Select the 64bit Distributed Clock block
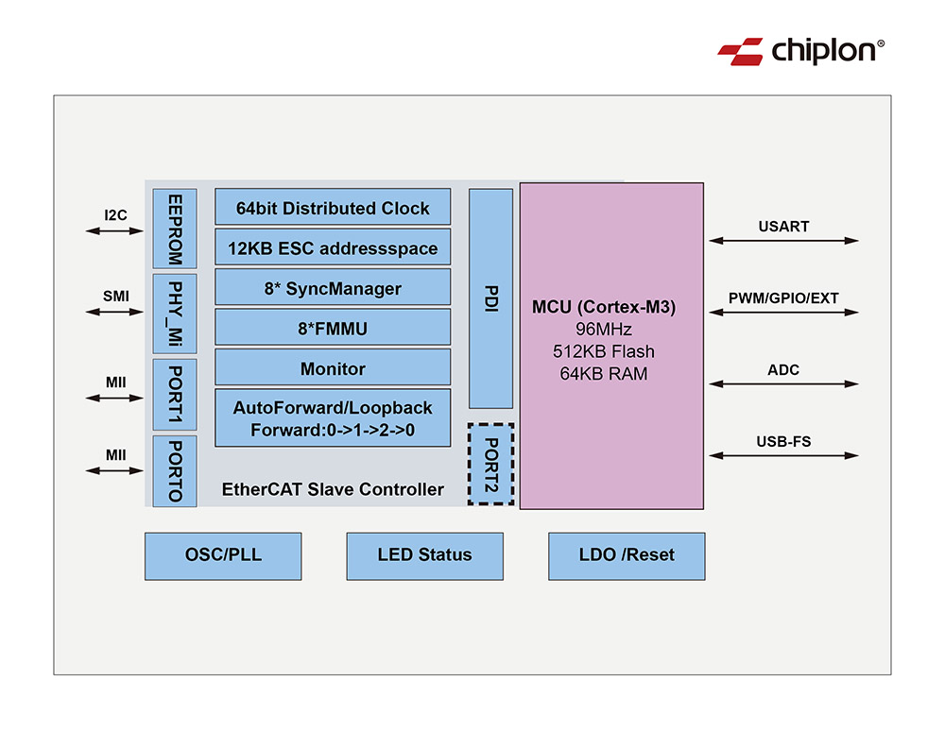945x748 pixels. pyautogui.click(x=333, y=208)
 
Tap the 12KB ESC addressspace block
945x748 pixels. pyautogui.click(x=333, y=248)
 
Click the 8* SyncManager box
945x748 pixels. pyautogui.click(x=333, y=288)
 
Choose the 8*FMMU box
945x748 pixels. pyautogui.click(x=333, y=328)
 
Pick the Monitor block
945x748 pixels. pyautogui.click(x=333, y=368)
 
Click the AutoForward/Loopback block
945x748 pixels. pyautogui.click(x=333, y=417)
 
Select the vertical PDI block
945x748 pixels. pyautogui.click(x=490, y=298)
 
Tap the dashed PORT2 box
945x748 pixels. pyautogui.click(x=490, y=464)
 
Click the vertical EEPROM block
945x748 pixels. pyautogui.click(x=174, y=229)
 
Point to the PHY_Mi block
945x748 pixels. pyautogui.click(x=174, y=313)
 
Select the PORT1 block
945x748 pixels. pyautogui.click(x=174, y=395)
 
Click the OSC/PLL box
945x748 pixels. pyautogui.click(x=223, y=555)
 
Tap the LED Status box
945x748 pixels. pyautogui.click(x=424, y=555)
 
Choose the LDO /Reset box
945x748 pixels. pyautogui.click(x=627, y=555)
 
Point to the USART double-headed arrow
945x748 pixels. pyautogui.click(x=783, y=241)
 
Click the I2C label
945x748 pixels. pyautogui.click(x=116, y=214)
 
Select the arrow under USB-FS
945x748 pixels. pyautogui.click(x=783, y=456)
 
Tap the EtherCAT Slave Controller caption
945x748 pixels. pyautogui.click(x=332, y=489)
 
